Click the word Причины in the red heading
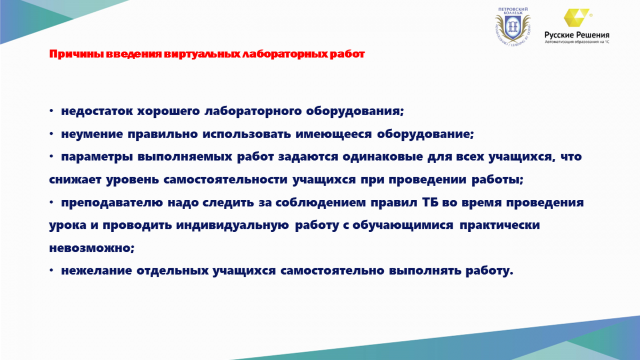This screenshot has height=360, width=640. point(76,54)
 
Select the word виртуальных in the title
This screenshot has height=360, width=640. point(202,54)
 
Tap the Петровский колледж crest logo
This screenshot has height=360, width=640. point(513,27)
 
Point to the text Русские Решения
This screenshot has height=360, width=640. point(577,35)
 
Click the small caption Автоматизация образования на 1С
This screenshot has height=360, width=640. point(577,42)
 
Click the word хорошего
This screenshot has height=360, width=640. point(169,111)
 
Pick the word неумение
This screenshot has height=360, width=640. point(92,134)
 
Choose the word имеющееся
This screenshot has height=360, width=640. point(334,134)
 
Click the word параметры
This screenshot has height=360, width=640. point(97,157)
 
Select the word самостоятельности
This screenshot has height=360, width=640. point(226,180)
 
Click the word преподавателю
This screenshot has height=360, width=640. point(112,203)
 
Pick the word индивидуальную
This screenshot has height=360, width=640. point(233,226)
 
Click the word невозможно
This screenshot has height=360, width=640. point(91,247)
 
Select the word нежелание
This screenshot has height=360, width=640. point(97,270)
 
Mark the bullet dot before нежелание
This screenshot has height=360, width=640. point(51,270)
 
